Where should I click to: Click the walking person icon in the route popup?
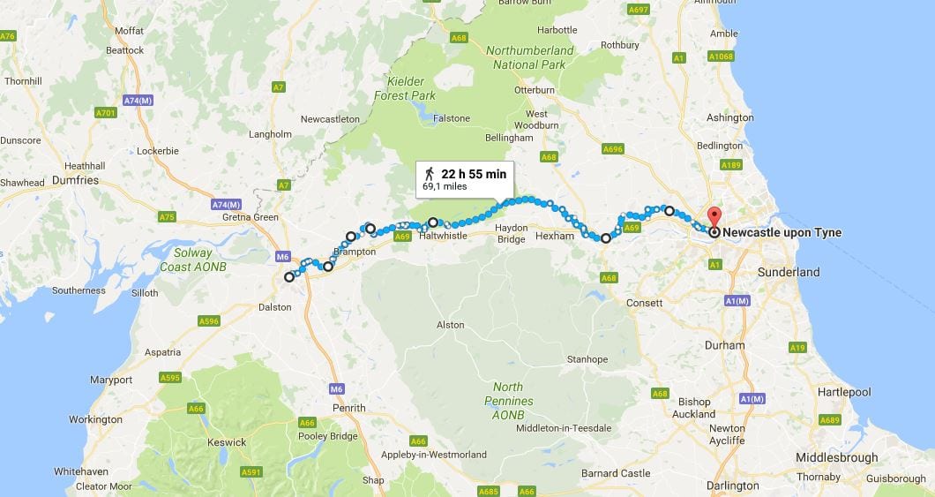tap(430, 173)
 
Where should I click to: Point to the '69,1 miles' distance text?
tap(445, 187)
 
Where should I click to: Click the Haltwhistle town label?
tap(443, 236)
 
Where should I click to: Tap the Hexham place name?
tap(555, 236)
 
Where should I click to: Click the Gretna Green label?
tap(252, 217)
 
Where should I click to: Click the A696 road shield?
tap(611, 149)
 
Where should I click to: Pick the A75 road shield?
tap(166, 216)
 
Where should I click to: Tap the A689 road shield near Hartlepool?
tap(830, 419)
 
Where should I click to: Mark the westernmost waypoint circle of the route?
tap(288, 277)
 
